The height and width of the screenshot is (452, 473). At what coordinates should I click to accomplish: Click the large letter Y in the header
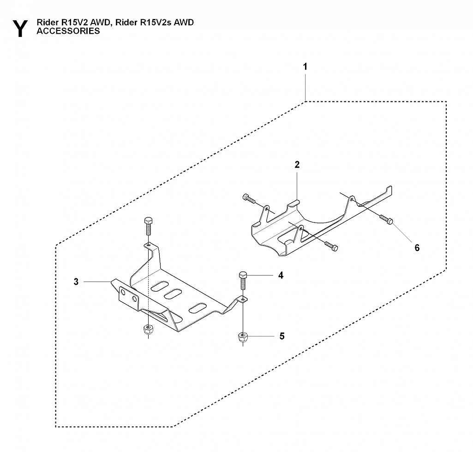(x=20, y=28)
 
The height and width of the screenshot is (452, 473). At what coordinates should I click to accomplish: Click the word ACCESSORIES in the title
(x=68, y=32)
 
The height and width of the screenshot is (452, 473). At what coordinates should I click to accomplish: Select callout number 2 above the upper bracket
(x=297, y=164)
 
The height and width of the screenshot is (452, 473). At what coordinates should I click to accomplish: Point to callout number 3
(x=76, y=282)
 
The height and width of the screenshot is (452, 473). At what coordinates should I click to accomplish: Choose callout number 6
(x=417, y=248)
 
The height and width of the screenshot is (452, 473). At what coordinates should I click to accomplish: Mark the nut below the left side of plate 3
(x=148, y=329)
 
